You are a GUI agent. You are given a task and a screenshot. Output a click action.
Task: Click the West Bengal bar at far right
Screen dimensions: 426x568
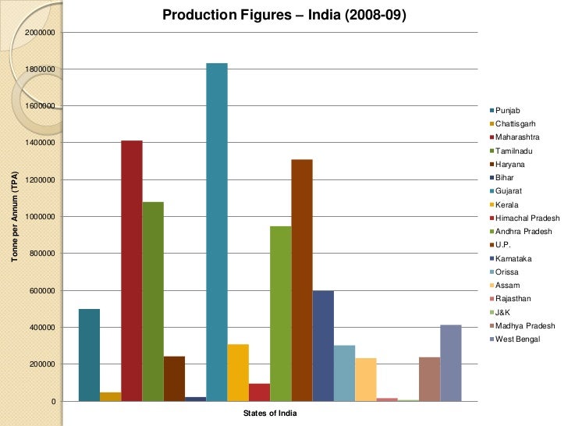pos(451,363)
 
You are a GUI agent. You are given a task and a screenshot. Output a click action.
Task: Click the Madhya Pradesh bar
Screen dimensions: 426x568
pos(429,378)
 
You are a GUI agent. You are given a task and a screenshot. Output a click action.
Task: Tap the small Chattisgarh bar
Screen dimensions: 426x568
pos(111,396)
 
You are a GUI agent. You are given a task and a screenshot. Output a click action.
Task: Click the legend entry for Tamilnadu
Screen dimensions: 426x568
pos(515,151)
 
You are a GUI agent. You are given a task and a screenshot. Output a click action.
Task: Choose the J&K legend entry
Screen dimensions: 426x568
pos(504,312)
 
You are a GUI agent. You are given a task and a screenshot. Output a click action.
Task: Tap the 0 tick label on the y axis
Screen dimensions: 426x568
pos(51,401)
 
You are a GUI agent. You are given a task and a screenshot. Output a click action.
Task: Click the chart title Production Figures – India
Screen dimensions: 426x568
pos(284,15)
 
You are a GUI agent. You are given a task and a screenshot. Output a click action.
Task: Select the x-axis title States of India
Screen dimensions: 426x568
pos(269,414)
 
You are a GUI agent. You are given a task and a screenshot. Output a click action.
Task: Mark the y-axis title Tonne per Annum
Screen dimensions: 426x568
pos(14,217)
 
